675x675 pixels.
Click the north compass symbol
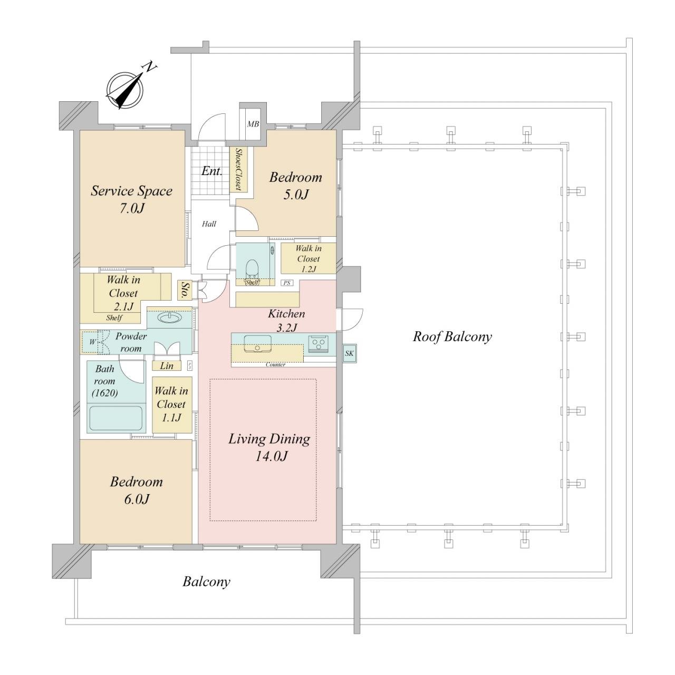(x=125, y=90)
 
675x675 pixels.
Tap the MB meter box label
(x=253, y=124)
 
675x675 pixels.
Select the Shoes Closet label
(x=238, y=169)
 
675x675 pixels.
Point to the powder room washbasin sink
(x=169, y=317)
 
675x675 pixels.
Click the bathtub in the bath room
(x=116, y=418)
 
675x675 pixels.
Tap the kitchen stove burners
(x=319, y=343)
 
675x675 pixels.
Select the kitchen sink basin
(x=257, y=343)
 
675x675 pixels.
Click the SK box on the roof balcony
(x=349, y=353)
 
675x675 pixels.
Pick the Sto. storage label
(x=182, y=291)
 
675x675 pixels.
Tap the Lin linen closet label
(x=167, y=366)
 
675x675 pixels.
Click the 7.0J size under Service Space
(x=132, y=208)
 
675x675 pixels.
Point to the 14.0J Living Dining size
(x=271, y=457)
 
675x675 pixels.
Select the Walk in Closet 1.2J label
(x=308, y=259)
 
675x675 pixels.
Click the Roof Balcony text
(x=452, y=337)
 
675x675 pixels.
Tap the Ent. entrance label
(x=212, y=171)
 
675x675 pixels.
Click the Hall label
(x=209, y=224)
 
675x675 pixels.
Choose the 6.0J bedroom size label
(x=137, y=499)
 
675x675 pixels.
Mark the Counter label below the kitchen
(x=275, y=364)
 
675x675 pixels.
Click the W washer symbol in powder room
(x=92, y=342)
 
